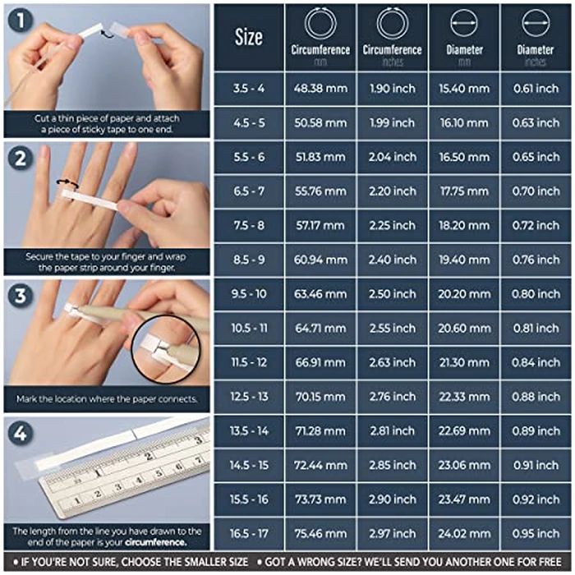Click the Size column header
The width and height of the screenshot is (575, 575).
(x=248, y=36)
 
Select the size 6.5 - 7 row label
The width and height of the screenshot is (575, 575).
(x=248, y=191)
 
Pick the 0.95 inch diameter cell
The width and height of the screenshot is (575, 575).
(x=535, y=531)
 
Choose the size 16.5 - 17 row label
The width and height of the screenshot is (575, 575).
(x=248, y=531)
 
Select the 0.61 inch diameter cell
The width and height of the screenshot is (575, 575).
(x=535, y=89)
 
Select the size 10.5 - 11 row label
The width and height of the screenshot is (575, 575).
(x=248, y=327)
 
